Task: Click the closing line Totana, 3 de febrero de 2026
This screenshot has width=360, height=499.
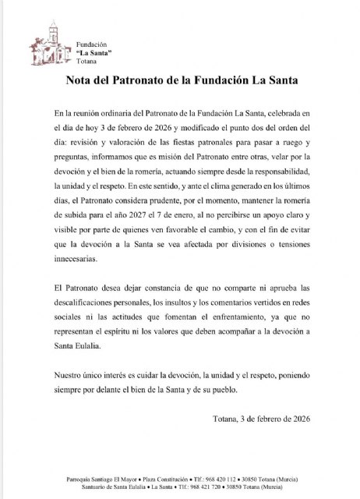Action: [259, 419]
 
